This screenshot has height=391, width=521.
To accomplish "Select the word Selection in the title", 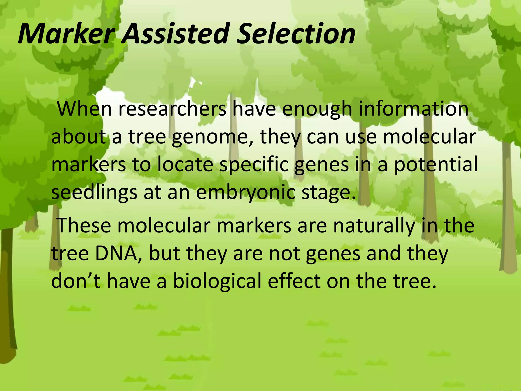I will [296, 34].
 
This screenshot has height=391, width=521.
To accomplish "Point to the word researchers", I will [172, 109].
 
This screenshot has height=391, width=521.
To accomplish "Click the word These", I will [84, 226].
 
